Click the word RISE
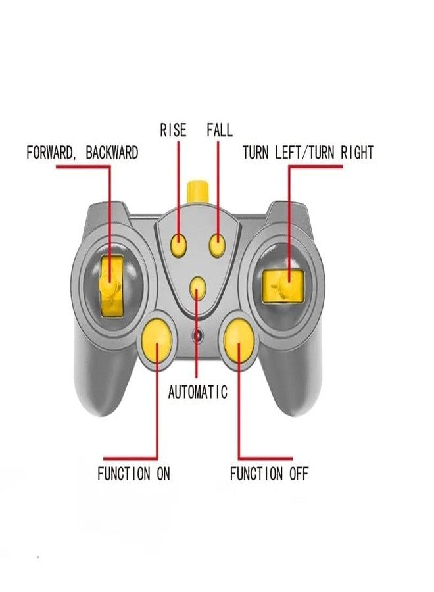point(173,130)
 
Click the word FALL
point(220,130)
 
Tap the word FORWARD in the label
point(50,153)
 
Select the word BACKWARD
point(112,153)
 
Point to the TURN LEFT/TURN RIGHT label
point(308,153)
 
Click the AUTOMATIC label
point(198,392)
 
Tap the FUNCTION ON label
point(133,474)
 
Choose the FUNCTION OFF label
point(270,474)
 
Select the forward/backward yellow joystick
point(112,286)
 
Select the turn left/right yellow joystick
point(283,286)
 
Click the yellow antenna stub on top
point(198,193)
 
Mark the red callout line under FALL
point(218,188)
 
